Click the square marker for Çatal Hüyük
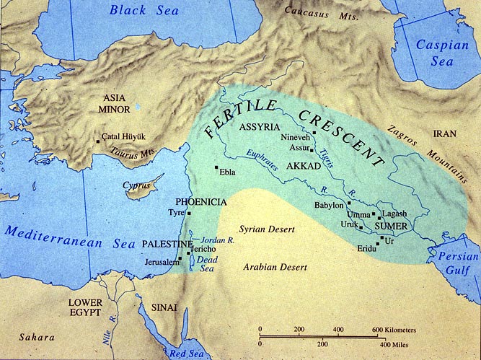click(x=99, y=141)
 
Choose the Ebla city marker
click(x=216, y=168)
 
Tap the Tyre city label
click(x=176, y=214)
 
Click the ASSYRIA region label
click(x=259, y=127)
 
